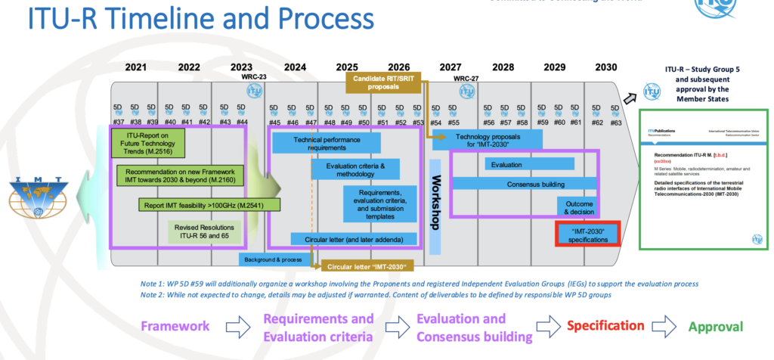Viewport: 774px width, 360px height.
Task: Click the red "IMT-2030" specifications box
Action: click(589, 234)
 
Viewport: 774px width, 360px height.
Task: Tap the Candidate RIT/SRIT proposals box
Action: click(385, 82)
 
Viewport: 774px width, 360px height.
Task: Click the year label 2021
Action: click(135, 67)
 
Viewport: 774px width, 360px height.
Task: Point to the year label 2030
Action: click(605, 67)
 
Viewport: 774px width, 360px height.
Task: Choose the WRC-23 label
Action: click(253, 76)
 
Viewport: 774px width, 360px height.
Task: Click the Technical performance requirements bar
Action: click(326, 142)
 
